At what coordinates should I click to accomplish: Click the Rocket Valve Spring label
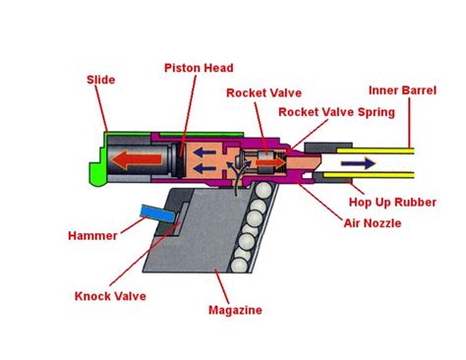(x=336, y=112)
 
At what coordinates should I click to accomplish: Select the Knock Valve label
(x=108, y=294)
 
